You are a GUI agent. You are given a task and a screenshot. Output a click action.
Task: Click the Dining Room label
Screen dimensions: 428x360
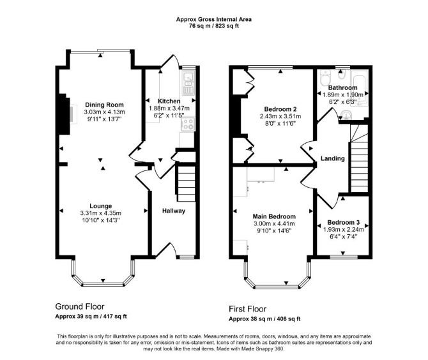click(x=104, y=105)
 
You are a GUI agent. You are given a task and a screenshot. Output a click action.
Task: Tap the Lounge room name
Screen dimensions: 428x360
click(x=101, y=206)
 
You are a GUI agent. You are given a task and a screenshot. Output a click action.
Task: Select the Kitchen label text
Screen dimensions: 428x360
click(x=169, y=101)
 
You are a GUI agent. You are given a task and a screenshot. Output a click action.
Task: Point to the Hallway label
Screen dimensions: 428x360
click(x=174, y=211)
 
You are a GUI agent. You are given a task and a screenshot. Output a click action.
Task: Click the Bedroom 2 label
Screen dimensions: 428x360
click(x=280, y=109)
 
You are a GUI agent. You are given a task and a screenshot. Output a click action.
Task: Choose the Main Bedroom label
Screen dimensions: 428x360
click(x=274, y=216)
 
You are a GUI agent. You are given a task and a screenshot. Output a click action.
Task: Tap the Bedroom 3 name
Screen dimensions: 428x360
click(x=344, y=222)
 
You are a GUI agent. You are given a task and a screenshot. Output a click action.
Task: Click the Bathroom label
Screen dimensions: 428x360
click(x=342, y=87)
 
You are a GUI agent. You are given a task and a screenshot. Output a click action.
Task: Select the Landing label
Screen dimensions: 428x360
click(x=332, y=158)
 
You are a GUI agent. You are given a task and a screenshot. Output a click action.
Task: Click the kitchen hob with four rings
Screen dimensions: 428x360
click(x=188, y=124)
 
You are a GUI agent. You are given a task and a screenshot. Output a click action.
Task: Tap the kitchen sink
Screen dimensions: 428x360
click(x=188, y=82)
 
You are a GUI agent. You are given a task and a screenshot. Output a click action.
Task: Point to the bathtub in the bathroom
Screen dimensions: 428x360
click(x=360, y=88)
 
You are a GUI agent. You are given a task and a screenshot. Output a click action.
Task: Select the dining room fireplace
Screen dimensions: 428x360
click(x=65, y=114)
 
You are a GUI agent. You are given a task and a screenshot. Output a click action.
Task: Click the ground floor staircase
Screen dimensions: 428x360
click(x=186, y=182)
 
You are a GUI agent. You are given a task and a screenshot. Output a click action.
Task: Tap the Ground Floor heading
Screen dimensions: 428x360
click(x=80, y=306)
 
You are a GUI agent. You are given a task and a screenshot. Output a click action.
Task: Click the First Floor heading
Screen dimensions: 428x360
click(x=248, y=309)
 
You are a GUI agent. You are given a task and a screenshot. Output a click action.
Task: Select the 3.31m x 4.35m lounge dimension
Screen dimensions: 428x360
click(x=101, y=213)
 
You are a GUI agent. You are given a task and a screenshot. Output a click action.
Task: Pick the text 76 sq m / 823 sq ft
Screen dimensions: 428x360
click(x=214, y=26)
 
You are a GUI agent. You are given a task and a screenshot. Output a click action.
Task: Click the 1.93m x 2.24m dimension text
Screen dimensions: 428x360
click(x=344, y=229)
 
